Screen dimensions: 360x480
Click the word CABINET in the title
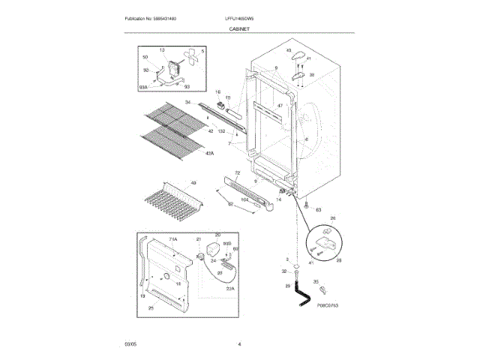239,28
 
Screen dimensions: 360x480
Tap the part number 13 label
160,50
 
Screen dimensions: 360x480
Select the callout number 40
288,50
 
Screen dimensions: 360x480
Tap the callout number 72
237,173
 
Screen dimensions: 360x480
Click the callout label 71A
172,239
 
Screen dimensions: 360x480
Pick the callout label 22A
231,288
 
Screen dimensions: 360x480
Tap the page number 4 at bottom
239,344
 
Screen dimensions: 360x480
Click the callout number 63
318,210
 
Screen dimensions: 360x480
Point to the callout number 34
189,102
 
